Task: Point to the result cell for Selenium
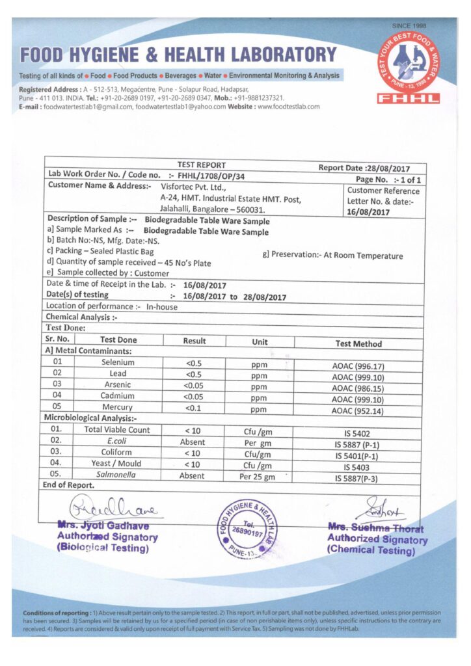(195, 363)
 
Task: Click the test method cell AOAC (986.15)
(358, 388)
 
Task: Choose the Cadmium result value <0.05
(195, 396)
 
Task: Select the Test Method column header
(358, 343)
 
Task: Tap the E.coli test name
(118, 441)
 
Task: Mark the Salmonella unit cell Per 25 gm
(258, 477)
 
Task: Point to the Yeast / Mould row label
(118, 464)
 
